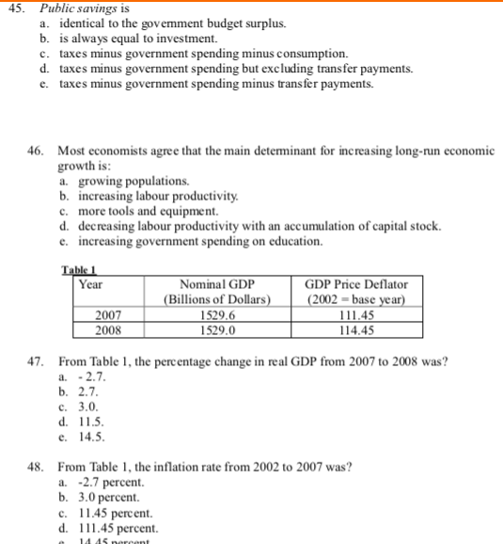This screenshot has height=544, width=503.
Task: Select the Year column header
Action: click(x=91, y=283)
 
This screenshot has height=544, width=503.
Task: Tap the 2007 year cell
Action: click(x=107, y=315)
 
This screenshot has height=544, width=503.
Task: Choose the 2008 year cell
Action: click(x=107, y=330)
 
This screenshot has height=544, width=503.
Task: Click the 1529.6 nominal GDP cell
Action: click(x=217, y=315)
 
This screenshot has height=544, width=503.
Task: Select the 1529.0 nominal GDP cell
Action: click(x=217, y=330)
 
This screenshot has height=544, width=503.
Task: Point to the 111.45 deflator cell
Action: click(x=356, y=315)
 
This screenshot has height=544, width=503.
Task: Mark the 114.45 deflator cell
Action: click(x=356, y=330)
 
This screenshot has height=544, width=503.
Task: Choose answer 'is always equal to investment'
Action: click(x=138, y=39)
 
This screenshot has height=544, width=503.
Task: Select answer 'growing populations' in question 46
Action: click(x=124, y=180)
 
